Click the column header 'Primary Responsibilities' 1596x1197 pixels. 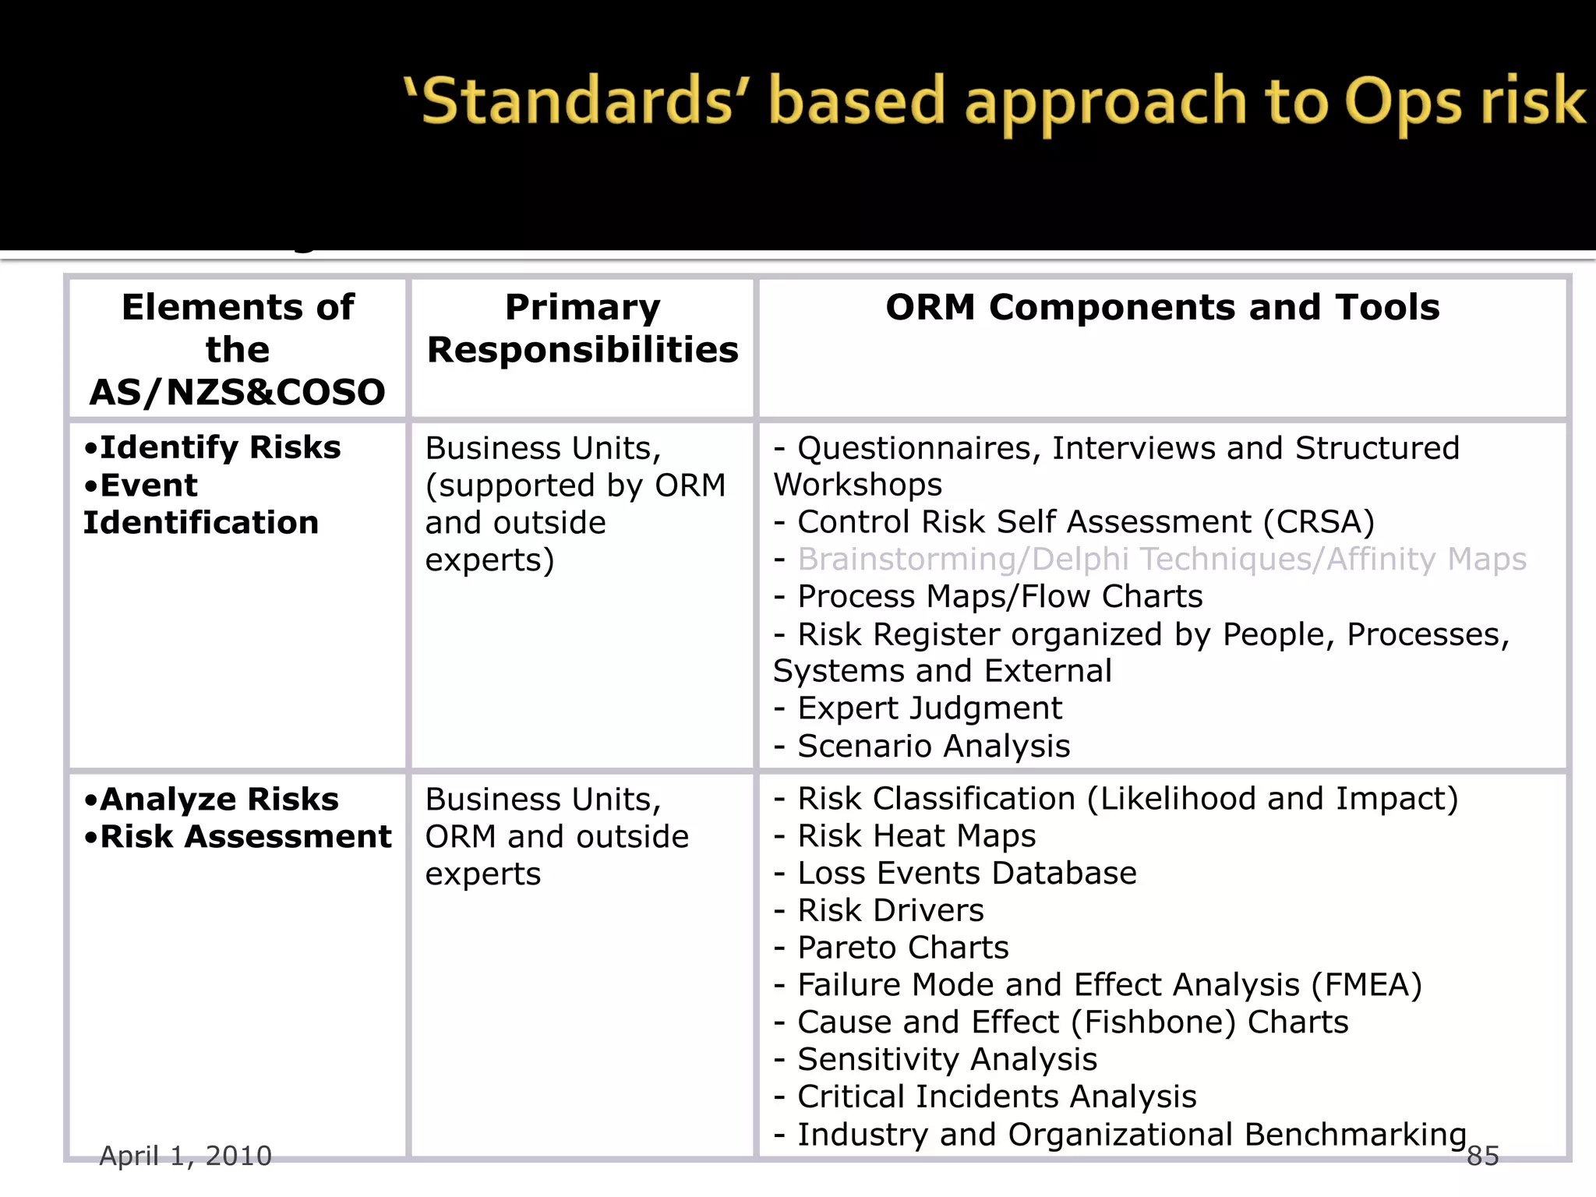[x=582, y=328]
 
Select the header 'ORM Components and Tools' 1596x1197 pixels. [x=1162, y=307]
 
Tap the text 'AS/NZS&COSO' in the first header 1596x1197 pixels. [x=238, y=392]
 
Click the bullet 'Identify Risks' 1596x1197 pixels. [x=220, y=447]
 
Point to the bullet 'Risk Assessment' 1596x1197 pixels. [x=245, y=836]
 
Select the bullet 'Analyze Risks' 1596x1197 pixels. [x=219, y=799]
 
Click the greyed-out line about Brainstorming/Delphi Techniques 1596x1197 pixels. [x=1161, y=559]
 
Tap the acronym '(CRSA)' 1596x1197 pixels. [x=1319, y=521]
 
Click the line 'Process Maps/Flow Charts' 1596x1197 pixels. [x=999, y=596]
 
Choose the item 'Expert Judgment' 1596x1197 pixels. [x=929, y=708]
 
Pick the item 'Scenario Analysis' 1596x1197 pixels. [x=933, y=746]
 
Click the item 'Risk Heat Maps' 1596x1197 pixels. [x=916, y=835]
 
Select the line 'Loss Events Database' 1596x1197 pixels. [x=966, y=873]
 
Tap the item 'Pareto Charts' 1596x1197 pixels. [x=902, y=948]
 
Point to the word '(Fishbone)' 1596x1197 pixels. [x=1153, y=1022]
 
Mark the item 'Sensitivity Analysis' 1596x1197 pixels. [x=947, y=1059]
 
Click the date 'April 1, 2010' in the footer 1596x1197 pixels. [x=185, y=1156]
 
